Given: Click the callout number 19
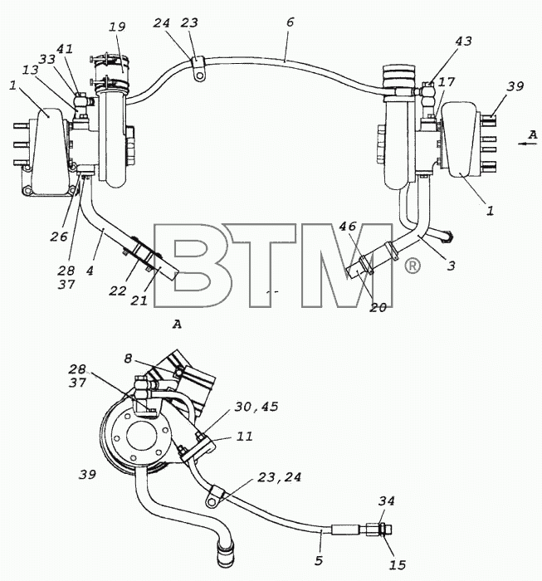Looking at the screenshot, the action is [117, 27].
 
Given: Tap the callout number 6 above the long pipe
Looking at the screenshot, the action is [290, 22].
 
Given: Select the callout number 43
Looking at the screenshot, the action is [463, 41].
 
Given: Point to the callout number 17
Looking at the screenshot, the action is [446, 81].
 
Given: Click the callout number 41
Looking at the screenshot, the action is [65, 49].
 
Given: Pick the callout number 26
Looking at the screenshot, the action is [59, 237].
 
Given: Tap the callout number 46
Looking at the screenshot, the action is [348, 226].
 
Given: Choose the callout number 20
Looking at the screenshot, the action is [378, 308].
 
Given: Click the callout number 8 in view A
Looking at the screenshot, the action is [128, 359].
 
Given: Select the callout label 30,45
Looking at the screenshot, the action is [256, 407].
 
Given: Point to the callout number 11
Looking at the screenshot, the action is [245, 436].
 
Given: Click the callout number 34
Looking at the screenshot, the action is [386, 501].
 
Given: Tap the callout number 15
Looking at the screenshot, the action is [398, 564].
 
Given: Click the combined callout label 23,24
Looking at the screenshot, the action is [280, 477].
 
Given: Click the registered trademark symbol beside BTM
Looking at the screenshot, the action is [412, 266].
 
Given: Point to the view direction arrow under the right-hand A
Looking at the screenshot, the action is [528, 144].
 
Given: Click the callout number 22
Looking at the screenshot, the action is [117, 290].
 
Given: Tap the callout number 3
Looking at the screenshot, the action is [451, 266].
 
